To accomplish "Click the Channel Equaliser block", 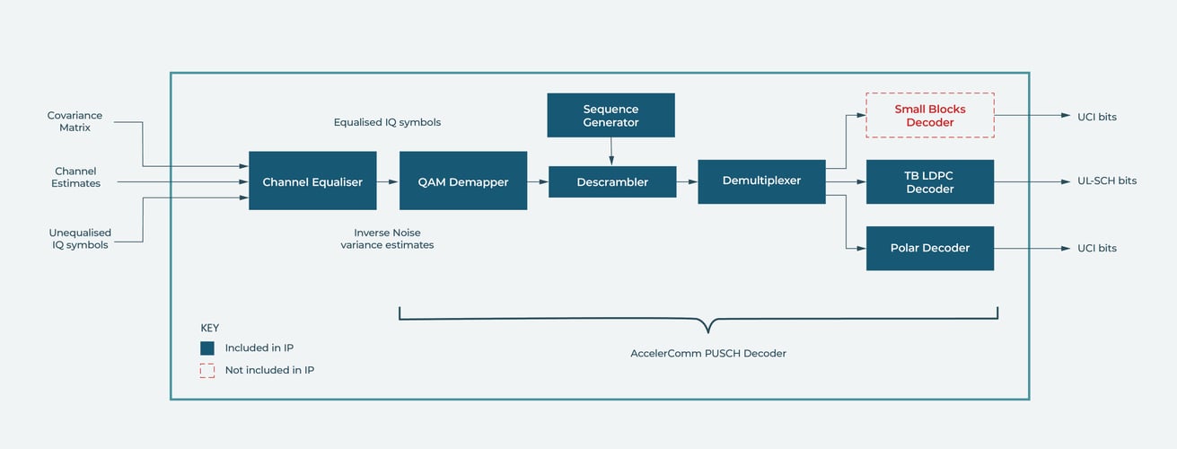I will pyautogui.click(x=312, y=180).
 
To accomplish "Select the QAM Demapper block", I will pyautogui.click(x=463, y=180).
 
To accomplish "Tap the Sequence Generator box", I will pyautogui.click(x=611, y=115).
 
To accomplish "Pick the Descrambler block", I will pyautogui.click(x=612, y=181).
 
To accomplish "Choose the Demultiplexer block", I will pyautogui.click(x=761, y=180).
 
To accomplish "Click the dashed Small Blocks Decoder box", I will pyautogui.click(x=929, y=115).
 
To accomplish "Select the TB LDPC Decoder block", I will pyautogui.click(x=929, y=181).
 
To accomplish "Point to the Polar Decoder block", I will pyautogui.click(x=929, y=248).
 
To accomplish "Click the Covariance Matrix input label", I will pyautogui.click(x=75, y=121).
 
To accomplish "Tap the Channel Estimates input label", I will pyautogui.click(x=75, y=177).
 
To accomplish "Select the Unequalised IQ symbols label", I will pyautogui.click(x=80, y=239).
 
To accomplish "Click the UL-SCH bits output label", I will pyautogui.click(x=1107, y=181).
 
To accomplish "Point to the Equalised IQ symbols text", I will pyautogui.click(x=387, y=122).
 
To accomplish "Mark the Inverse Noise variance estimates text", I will pyautogui.click(x=387, y=239).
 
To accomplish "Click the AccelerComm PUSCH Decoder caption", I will pyautogui.click(x=707, y=353).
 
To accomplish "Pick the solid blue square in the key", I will pyautogui.click(x=207, y=348).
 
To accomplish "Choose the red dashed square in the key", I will pyautogui.click(x=207, y=370).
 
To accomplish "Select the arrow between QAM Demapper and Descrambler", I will pyautogui.click(x=538, y=181).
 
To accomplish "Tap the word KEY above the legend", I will pyautogui.click(x=209, y=328).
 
